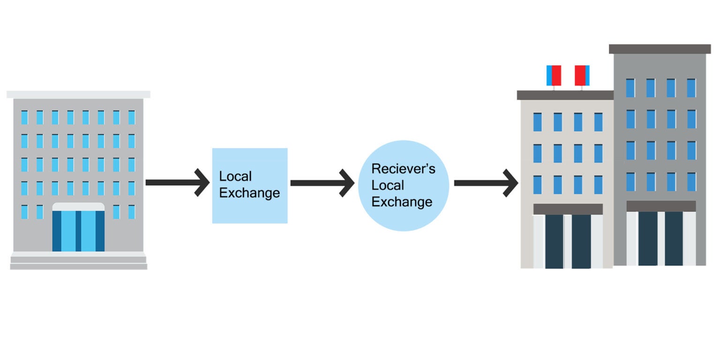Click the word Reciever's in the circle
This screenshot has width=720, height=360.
tap(403, 169)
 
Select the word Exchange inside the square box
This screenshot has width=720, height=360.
tap(249, 193)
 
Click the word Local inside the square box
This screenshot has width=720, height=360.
tap(235, 176)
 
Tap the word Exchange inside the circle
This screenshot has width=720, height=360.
tap(402, 202)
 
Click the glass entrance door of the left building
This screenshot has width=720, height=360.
tap(78, 231)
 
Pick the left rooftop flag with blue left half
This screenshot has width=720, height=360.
tap(554, 75)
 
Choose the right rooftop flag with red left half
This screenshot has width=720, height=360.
tap(582, 75)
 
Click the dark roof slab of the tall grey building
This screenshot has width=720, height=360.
tap(660, 49)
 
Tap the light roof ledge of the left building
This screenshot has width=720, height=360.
tap(78, 94)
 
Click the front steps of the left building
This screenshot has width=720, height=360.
tap(78, 262)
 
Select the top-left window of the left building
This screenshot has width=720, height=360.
tap(24, 117)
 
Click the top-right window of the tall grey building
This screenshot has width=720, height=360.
tap(691, 88)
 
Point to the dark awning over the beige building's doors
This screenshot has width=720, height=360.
tap(568, 209)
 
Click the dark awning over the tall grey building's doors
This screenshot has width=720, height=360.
tap(661, 206)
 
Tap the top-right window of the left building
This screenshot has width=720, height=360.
tap(132, 117)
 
